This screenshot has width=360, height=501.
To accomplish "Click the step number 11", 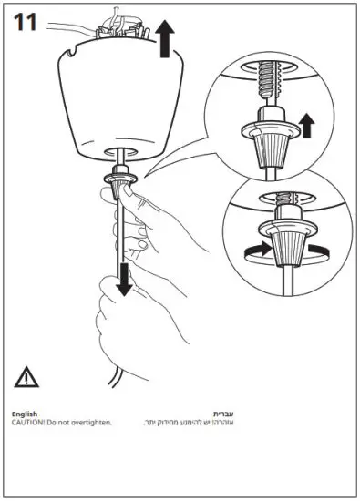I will (24, 23).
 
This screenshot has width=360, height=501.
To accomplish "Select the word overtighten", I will (89, 424).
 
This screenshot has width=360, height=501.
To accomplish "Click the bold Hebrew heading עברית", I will (223, 414).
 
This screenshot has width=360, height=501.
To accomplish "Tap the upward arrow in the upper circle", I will (306, 124).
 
